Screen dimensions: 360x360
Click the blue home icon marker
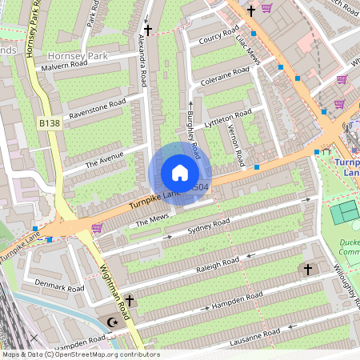click(180, 173)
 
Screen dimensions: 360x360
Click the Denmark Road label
click(60, 286)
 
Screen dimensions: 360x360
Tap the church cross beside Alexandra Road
click(147, 28)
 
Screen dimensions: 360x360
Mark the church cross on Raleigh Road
click(308, 270)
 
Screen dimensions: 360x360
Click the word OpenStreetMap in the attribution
click(97, 354)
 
